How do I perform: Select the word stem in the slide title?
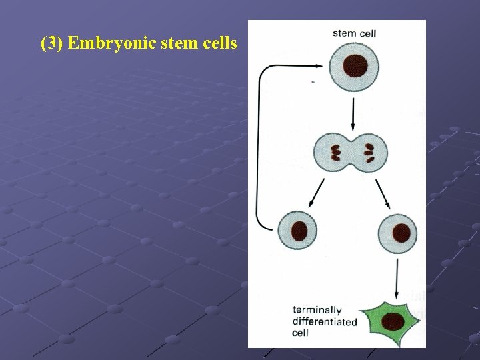pyautogui.click(x=168, y=44)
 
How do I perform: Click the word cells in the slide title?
pyautogui.click(x=215, y=44)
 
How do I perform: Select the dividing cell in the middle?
pyautogui.click(x=351, y=153)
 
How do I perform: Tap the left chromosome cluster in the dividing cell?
pyautogui.click(x=336, y=153)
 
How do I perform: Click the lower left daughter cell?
pyautogui.click(x=297, y=231)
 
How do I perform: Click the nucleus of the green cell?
pyautogui.click(x=394, y=321)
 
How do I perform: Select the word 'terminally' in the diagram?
pyautogui.click(x=317, y=310)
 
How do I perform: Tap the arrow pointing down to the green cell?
pyautogui.click(x=398, y=278)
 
